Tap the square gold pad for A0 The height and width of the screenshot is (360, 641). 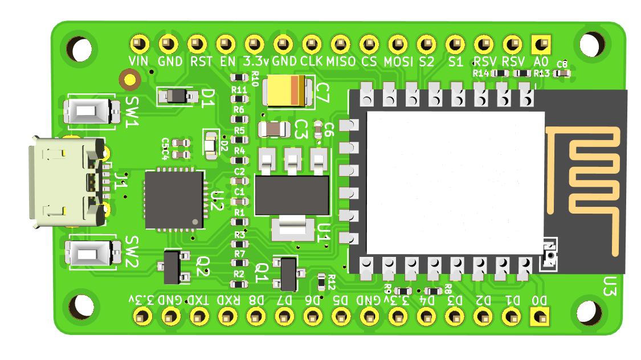[x=539, y=43]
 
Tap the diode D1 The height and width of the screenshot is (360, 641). [x=179, y=96]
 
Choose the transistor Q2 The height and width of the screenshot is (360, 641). [x=172, y=267]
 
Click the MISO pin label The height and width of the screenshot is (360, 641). [x=341, y=62]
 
